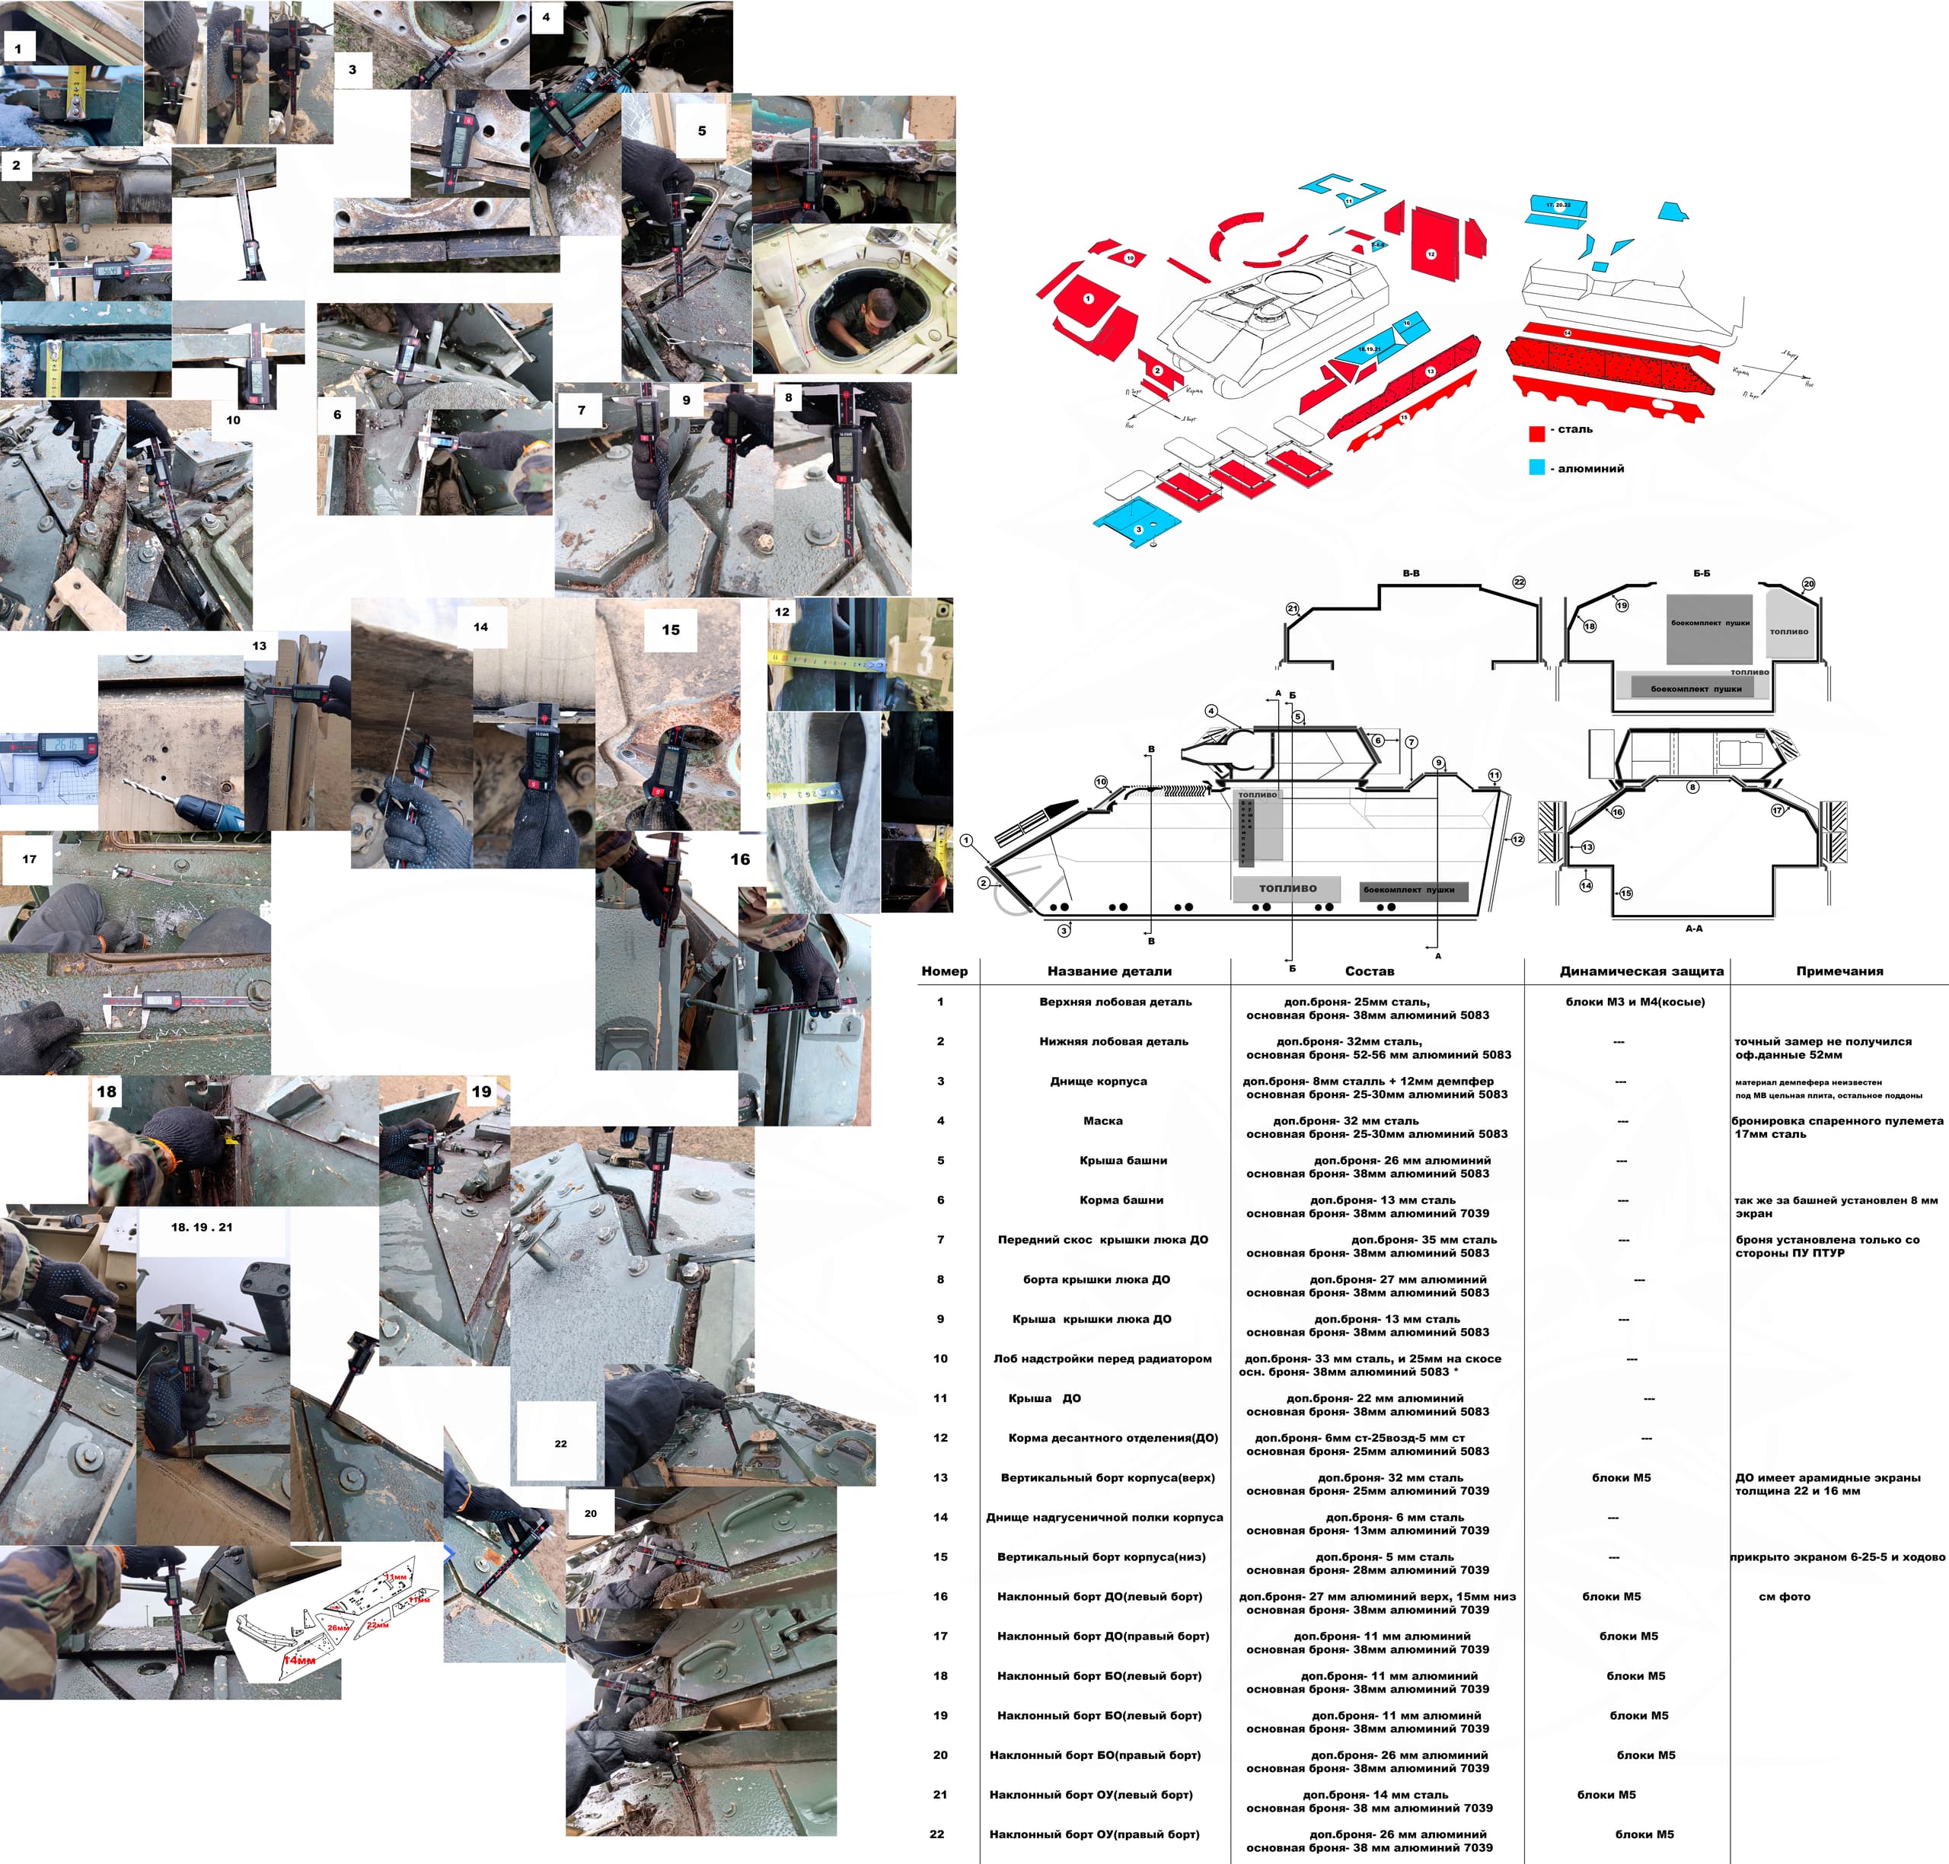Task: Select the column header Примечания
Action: click(x=1839, y=970)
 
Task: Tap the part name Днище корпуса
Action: click(x=1099, y=1081)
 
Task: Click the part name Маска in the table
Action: click(x=1102, y=1121)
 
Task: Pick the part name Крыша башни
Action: click(x=1123, y=1161)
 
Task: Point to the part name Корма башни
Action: click(x=1121, y=1200)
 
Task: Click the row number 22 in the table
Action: click(x=937, y=1834)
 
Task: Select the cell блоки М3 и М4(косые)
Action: click(x=1635, y=1002)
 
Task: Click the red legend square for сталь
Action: click(x=1536, y=432)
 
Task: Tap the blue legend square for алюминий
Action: click(x=1536, y=467)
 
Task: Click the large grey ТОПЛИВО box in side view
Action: click(x=1287, y=888)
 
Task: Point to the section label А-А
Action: click(x=1693, y=928)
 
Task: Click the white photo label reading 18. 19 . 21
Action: click(x=202, y=1227)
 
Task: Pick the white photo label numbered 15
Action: click(x=671, y=630)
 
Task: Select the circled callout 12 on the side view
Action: click(x=1517, y=840)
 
